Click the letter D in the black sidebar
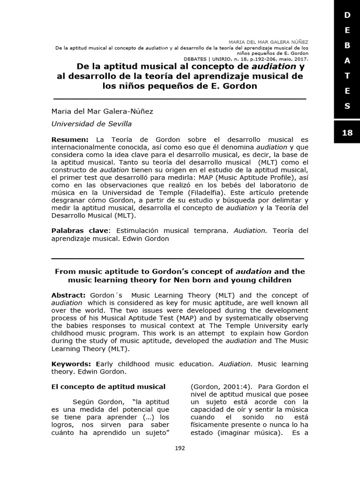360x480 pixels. (x=347, y=15)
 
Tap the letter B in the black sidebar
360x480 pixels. (x=347, y=45)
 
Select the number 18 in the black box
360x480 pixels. (x=347, y=133)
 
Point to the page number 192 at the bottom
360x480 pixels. (x=180, y=448)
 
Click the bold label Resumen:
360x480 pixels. (x=69, y=140)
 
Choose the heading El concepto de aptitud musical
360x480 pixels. (x=108, y=387)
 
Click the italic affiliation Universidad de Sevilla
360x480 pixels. (x=91, y=124)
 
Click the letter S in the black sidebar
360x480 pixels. (x=347, y=106)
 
